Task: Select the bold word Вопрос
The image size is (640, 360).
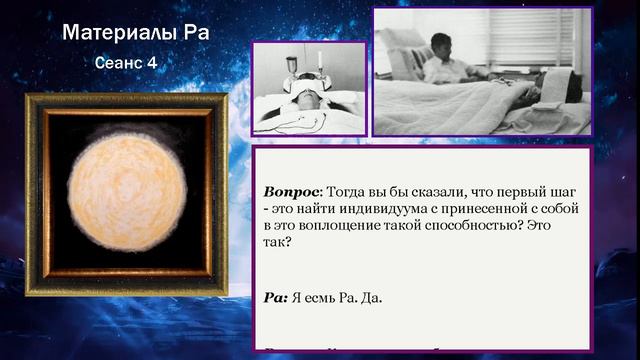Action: click(291, 191)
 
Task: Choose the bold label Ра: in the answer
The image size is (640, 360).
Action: click(276, 297)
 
